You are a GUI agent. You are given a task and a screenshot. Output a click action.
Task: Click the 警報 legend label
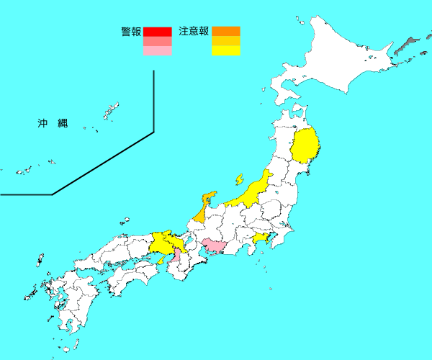pyautogui.click(x=131, y=32)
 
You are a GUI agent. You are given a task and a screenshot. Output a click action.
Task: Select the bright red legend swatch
pyautogui.click(x=157, y=32)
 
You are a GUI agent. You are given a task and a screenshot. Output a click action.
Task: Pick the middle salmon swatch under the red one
pyautogui.click(x=157, y=41)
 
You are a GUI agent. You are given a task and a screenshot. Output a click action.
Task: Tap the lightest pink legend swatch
pyautogui.click(x=157, y=50)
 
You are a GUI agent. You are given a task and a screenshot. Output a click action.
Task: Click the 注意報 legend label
pyautogui.click(x=193, y=32)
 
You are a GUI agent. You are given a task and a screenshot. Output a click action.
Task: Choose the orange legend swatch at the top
pyautogui.click(x=225, y=31)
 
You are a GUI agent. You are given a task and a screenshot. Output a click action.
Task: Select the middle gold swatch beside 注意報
pyautogui.click(x=225, y=41)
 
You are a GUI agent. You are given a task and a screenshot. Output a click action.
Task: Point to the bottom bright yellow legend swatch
pyautogui.click(x=225, y=50)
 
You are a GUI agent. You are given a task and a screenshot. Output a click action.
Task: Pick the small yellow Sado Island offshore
pyautogui.click(x=238, y=180)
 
